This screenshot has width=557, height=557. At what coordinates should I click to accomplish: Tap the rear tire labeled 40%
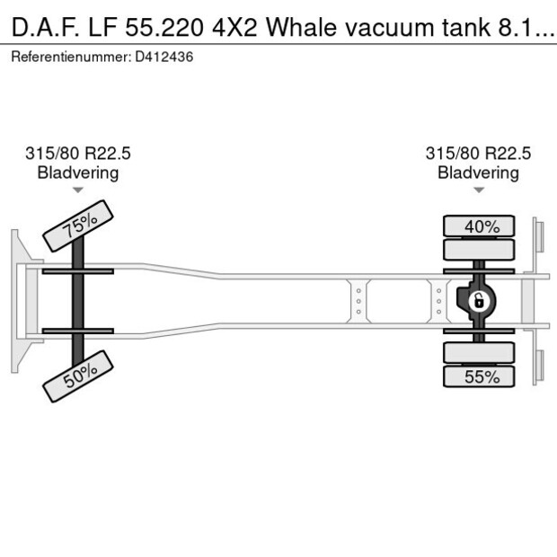481,226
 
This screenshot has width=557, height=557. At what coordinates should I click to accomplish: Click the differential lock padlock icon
480,300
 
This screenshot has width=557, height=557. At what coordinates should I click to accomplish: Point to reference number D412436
164,57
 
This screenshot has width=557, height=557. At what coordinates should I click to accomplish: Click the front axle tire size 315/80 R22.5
78,154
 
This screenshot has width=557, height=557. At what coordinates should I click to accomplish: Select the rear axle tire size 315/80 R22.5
478,154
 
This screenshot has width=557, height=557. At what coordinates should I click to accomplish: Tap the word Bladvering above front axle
78,172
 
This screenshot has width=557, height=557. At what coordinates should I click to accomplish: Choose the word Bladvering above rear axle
478,172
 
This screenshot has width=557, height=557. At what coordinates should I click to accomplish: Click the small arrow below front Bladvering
78,190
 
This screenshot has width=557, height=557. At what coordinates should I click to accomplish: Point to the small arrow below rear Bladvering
478,190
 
